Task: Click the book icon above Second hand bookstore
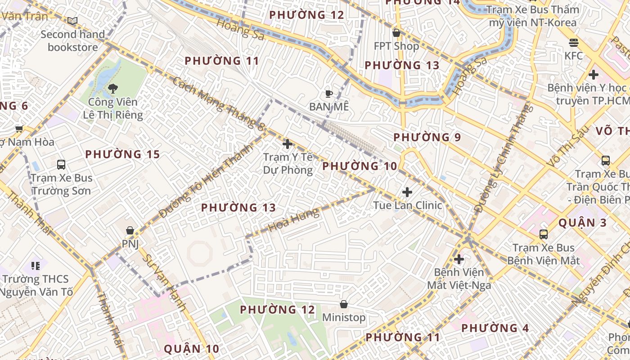(72, 21)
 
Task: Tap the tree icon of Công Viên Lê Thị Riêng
(113, 89)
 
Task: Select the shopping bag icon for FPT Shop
(396, 33)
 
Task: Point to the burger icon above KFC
(573, 43)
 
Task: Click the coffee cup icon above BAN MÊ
(329, 94)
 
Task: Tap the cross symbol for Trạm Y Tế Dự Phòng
(287, 144)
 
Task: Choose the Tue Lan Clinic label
(407, 205)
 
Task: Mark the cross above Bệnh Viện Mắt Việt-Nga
(459, 259)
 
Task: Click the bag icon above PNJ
(130, 230)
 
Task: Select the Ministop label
(344, 317)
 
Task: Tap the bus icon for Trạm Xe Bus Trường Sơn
(61, 165)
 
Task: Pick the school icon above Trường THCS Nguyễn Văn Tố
(36, 265)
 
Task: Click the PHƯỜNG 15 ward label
(122, 154)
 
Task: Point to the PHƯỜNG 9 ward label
(427, 137)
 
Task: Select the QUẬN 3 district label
(582, 223)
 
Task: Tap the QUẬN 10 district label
(191, 349)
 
